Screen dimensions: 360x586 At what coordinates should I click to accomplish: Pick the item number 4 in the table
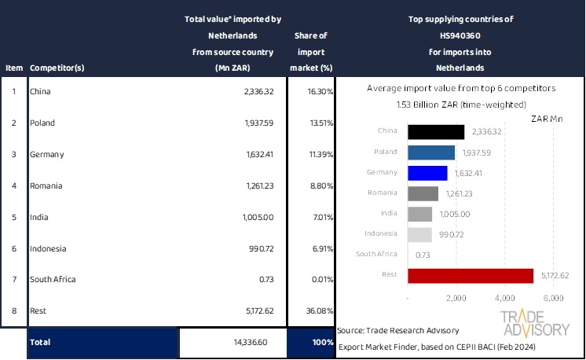[x=13, y=186]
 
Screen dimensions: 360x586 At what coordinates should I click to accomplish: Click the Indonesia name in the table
[x=48, y=248]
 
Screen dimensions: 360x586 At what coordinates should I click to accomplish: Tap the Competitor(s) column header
[x=57, y=68]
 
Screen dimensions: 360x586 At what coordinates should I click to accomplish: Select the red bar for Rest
[x=471, y=275]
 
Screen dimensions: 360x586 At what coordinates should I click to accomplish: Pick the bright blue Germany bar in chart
[x=427, y=172]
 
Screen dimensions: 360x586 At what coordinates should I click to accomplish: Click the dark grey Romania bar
[x=423, y=193]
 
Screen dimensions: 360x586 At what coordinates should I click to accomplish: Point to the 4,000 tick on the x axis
[x=504, y=299]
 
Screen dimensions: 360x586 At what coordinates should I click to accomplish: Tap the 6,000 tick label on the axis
[x=553, y=299]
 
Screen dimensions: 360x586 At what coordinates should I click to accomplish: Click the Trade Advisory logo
[x=535, y=322]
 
